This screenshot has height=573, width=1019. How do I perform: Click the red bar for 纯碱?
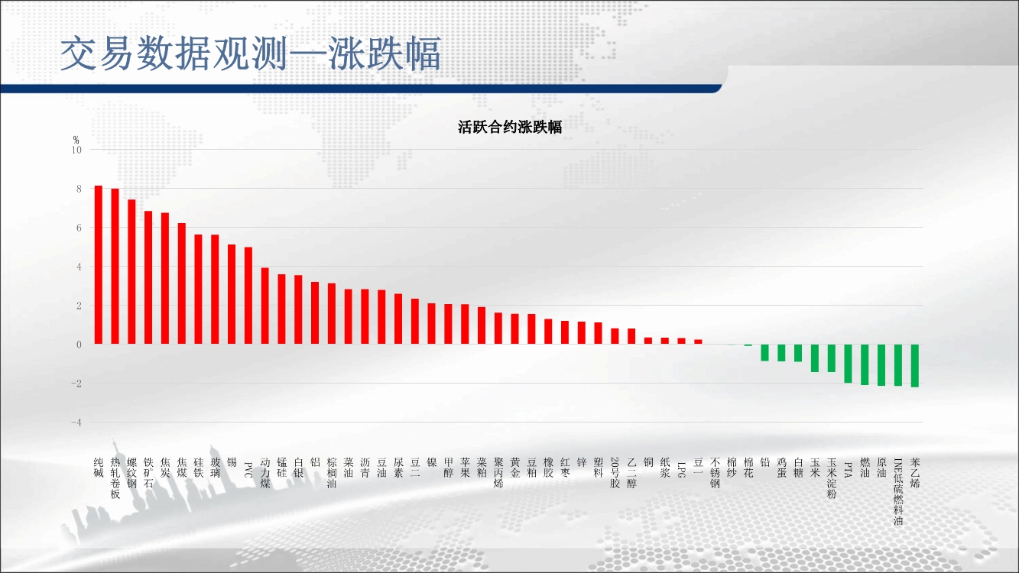[99, 264]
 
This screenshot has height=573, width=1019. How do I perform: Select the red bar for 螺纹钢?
[131, 272]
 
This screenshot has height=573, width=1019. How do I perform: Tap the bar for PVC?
[248, 296]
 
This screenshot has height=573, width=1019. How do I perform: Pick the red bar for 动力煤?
[264, 306]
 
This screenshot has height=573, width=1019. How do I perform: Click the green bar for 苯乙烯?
[915, 366]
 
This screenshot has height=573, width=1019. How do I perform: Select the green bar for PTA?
[848, 364]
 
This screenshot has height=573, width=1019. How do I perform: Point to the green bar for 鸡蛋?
[781, 353]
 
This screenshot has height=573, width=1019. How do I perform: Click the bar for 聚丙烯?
[498, 329]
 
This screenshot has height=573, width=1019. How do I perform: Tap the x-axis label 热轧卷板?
[115, 478]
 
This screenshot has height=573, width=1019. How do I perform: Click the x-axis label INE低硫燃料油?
[898, 491]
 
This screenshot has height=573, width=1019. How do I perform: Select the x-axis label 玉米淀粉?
[832, 478]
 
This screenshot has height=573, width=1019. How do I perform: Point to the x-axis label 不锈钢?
[715, 473]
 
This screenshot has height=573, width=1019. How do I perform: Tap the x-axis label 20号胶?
[615, 473]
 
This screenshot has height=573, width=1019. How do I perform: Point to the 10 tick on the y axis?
[76, 150]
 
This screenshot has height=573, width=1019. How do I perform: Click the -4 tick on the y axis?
[76, 422]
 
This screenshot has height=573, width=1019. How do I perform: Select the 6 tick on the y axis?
[80, 228]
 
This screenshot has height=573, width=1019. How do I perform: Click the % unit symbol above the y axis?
[76, 140]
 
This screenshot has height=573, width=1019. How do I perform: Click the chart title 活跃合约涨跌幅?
[510, 127]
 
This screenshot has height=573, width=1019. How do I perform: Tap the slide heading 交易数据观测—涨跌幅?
[251, 53]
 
